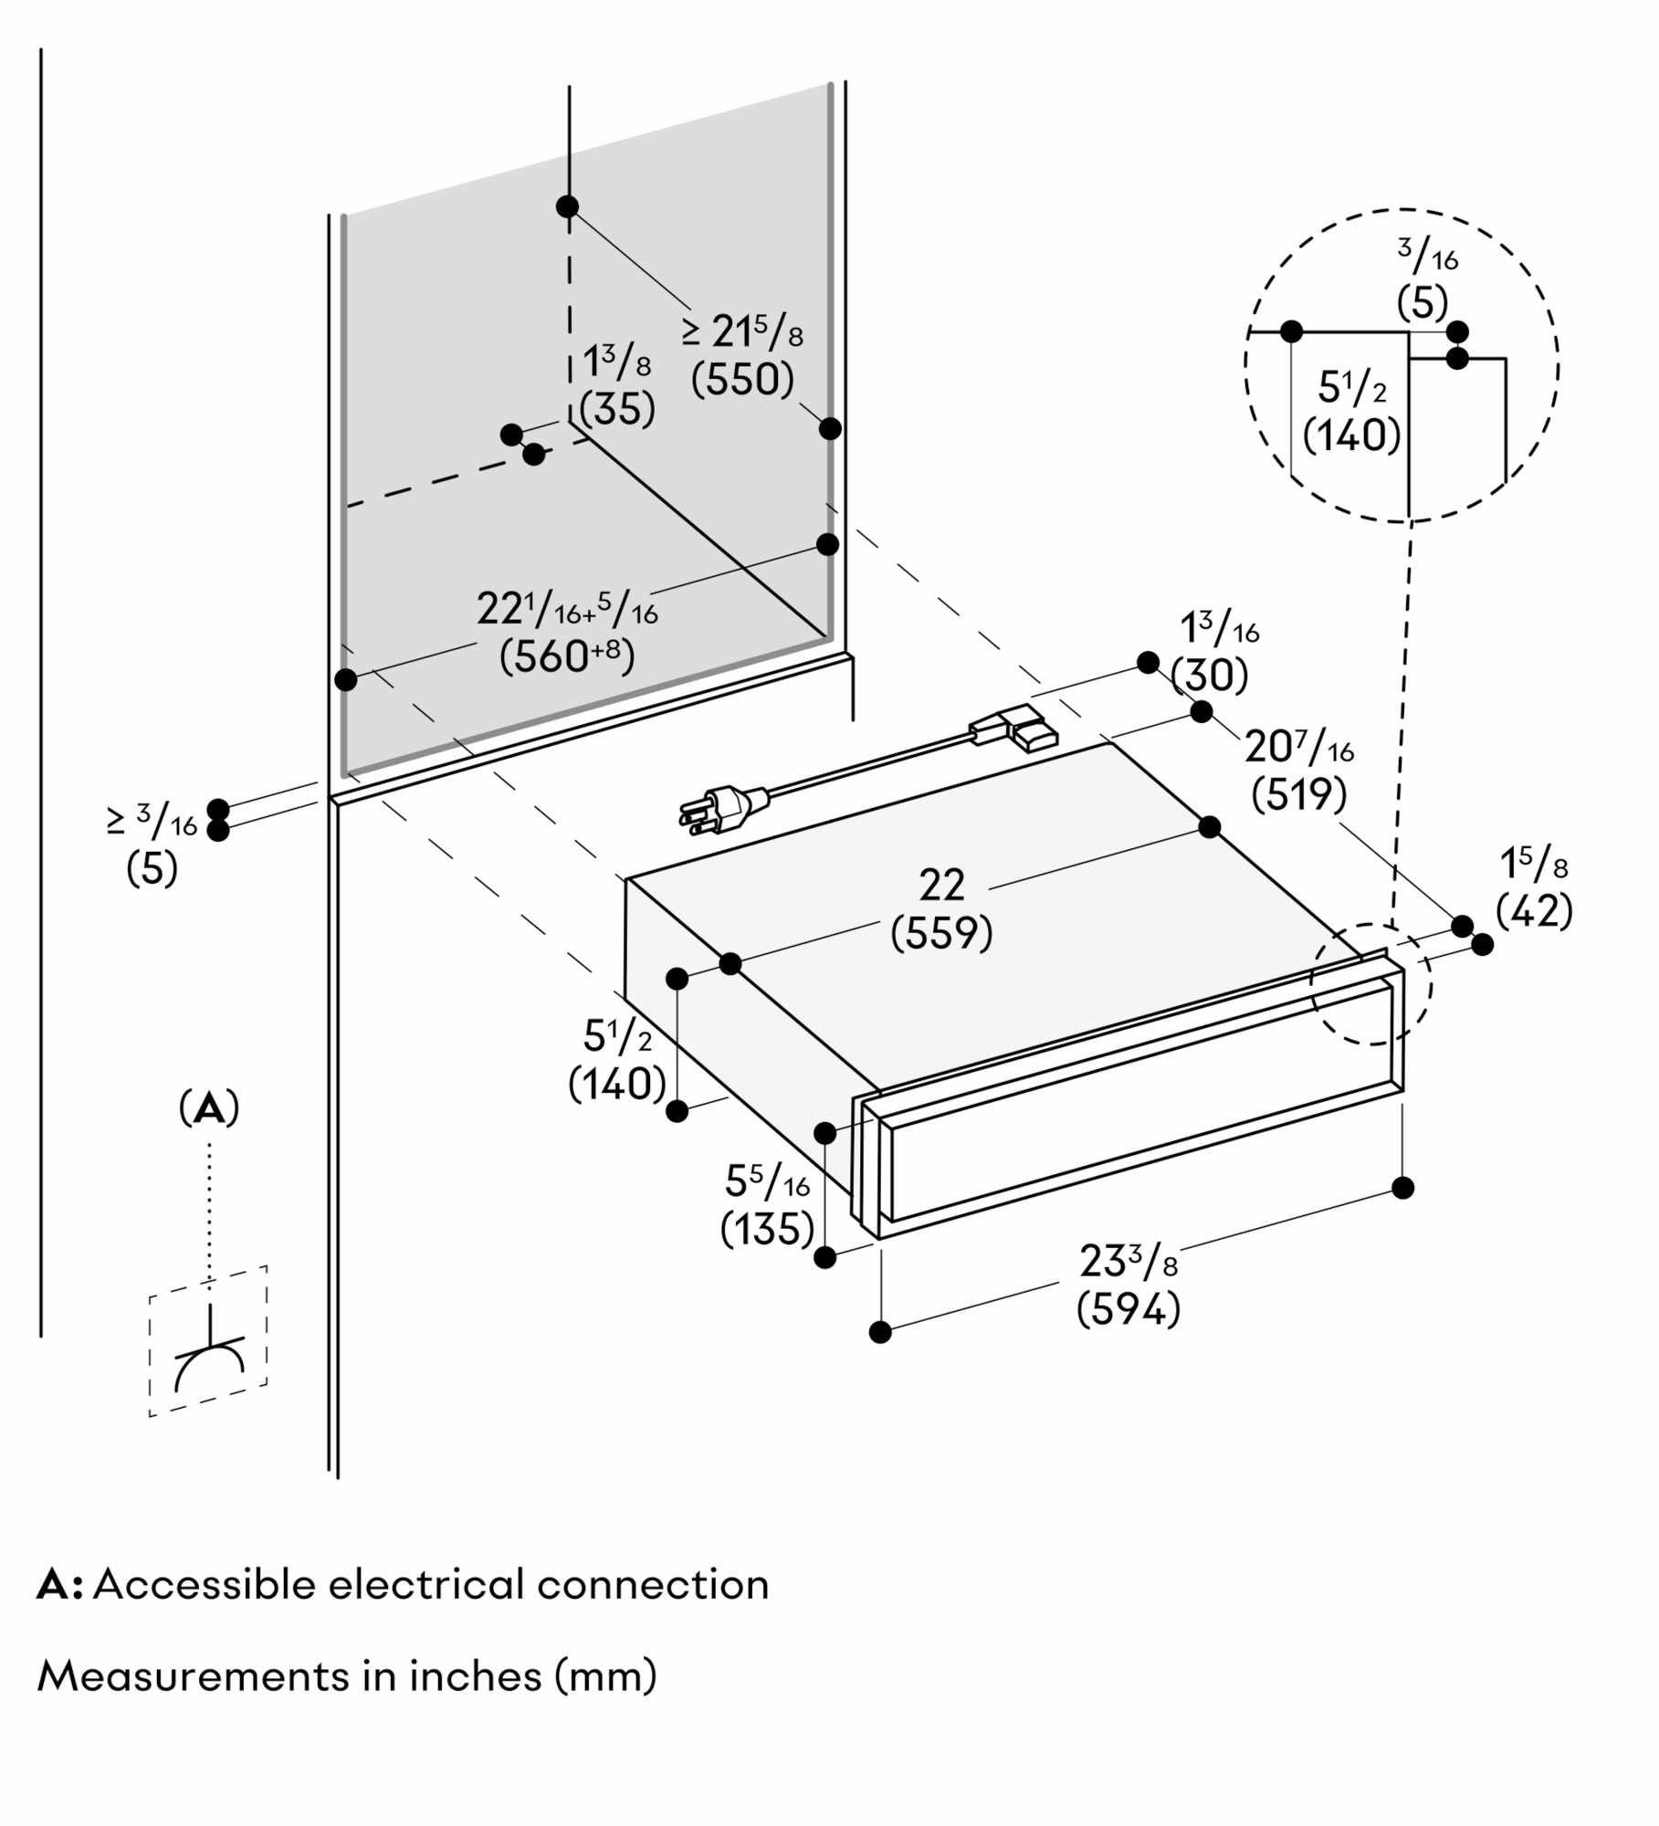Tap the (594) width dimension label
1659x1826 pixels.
point(1129,1311)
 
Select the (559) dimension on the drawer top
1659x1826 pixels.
point(941,933)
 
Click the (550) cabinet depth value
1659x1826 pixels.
point(742,380)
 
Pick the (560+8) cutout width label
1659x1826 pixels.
point(567,656)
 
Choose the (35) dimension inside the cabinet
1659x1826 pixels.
point(617,410)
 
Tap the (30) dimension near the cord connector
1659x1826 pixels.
point(1209,676)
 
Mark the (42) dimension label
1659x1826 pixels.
point(1534,910)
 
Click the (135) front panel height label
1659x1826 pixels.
point(767,1230)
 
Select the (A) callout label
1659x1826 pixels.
point(209,1109)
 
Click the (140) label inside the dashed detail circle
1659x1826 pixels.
point(1351,436)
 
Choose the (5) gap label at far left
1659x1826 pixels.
point(152,868)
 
